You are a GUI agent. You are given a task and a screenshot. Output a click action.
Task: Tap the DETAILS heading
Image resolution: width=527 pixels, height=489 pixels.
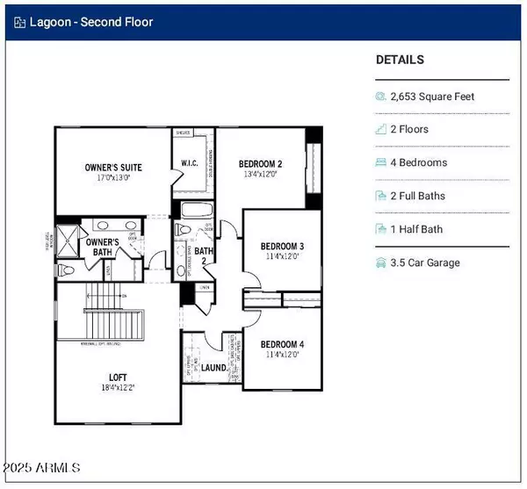tap(400, 60)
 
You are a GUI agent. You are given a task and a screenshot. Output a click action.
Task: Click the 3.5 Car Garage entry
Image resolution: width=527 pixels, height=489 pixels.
tap(424, 262)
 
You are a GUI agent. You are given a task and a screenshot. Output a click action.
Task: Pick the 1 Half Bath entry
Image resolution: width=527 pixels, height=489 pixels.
tap(416, 229)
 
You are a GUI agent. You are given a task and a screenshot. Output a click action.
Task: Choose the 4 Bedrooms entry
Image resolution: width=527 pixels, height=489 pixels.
tap(418, 162)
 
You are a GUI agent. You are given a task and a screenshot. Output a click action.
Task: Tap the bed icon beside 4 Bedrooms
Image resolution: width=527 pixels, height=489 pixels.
tap(381, 162)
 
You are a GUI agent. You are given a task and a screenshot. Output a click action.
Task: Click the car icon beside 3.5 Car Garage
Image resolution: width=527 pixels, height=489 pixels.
tap(381, 262)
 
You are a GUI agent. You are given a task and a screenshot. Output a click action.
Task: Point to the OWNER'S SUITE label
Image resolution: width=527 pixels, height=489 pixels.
tap(113, 167)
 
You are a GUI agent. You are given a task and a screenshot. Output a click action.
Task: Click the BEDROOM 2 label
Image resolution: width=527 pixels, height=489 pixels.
tap(260, 164)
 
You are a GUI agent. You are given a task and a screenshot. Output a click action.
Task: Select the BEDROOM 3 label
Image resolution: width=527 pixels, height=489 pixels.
tap(282, 246)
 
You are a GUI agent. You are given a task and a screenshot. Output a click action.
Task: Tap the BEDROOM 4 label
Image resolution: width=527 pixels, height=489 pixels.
tap(282, 344)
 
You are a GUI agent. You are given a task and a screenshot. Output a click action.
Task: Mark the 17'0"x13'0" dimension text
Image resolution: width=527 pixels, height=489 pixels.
tap(113, 176)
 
